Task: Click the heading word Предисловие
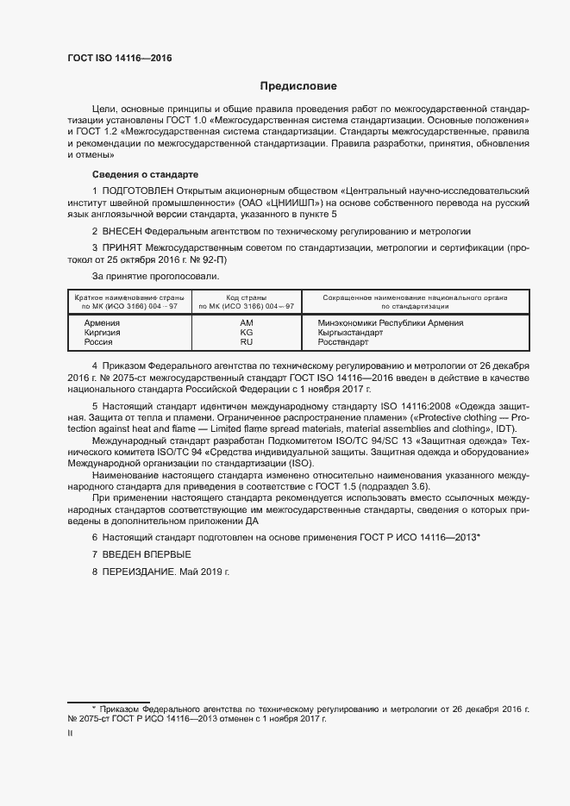pyautogui.click(x=298, y=86)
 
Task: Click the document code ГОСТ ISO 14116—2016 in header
pyautogui.click(x=119, y=57)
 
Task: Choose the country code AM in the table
pyautogui.click(x=246, y=322)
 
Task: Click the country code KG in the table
pyautogui.click(x=246, y=332)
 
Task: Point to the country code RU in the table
pyautogui.click(x=246, y=341)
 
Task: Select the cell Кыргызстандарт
pyautogui.click(x=343, y=332)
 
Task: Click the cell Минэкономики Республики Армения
pyautogui.click(x=385, y=322)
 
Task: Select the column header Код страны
pyautogui.click(x=246, y=297)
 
